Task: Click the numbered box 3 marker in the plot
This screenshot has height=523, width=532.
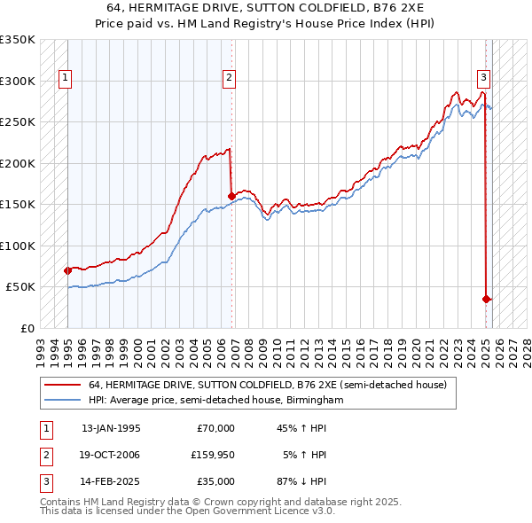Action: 484,76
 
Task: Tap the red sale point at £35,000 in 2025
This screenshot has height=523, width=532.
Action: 486,299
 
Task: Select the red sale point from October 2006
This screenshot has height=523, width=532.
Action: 231,196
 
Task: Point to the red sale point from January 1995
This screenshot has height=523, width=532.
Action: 67,270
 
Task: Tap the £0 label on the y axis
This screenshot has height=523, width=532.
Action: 27,328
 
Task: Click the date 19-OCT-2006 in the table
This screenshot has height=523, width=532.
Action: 111,455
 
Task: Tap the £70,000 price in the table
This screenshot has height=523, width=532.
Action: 215,428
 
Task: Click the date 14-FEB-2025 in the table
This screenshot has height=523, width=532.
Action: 111,481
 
